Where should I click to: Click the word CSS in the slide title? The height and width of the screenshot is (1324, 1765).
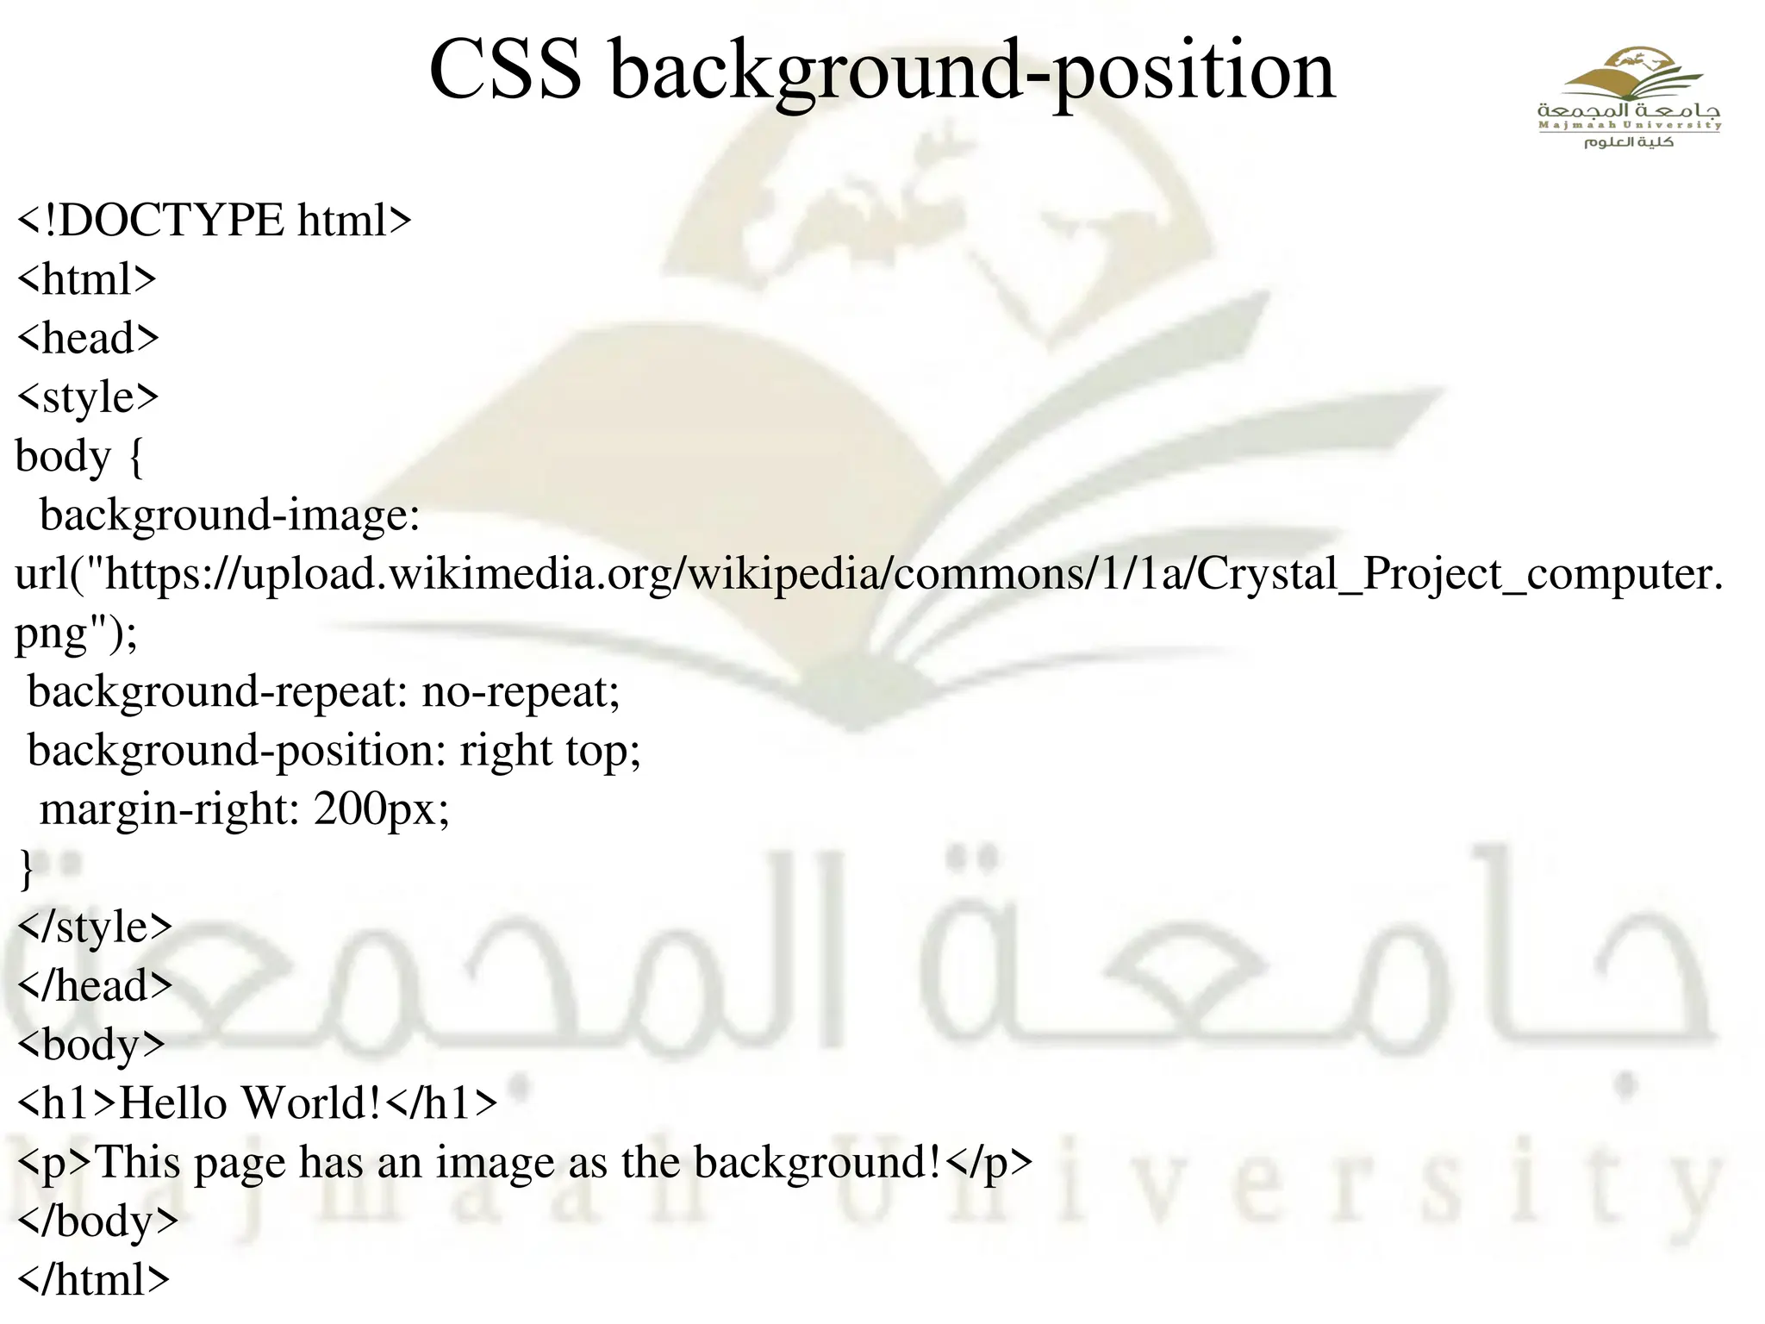point(505,71)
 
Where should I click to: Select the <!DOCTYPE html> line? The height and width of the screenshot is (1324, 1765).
point(214,221)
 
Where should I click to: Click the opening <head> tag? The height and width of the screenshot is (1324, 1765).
point(88,338)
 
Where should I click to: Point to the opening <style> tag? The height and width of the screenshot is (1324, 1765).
point(88,397)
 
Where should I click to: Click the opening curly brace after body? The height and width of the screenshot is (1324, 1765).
point(135,457)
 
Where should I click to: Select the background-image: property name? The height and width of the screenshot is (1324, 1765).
point(229,515)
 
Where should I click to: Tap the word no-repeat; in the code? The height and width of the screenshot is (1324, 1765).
point(521,692)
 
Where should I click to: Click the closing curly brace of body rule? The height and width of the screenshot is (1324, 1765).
point(26,868)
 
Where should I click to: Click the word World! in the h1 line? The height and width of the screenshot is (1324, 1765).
point(311,1103)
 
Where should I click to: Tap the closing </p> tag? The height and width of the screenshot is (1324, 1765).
point(989,1163)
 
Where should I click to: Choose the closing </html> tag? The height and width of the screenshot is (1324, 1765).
point(93,1280)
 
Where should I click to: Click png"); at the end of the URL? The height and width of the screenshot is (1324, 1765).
point(76,634)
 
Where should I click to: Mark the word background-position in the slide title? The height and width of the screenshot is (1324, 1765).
point(972,71)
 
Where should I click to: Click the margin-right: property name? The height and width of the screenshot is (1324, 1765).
point(169,809)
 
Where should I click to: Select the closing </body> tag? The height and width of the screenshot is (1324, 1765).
point(97,1221)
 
